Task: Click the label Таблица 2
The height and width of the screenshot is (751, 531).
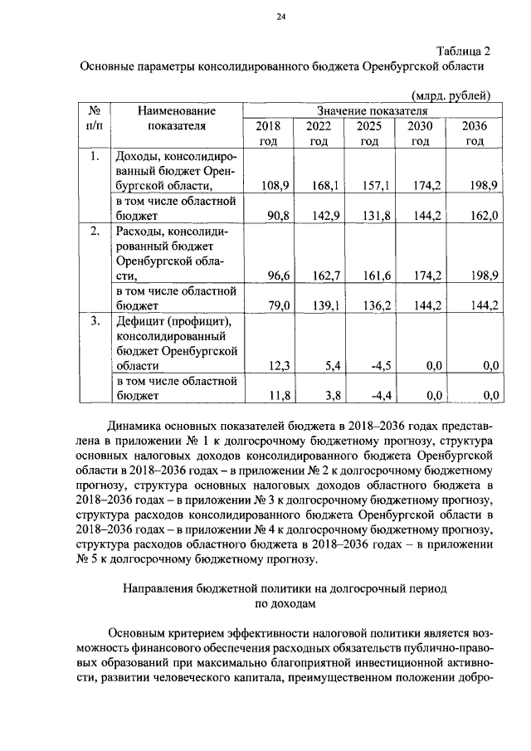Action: (463, 50)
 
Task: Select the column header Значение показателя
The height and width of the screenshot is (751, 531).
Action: (372, 110)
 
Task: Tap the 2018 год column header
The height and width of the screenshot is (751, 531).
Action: (269, 134)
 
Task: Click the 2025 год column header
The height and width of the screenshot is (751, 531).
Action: (369, 134)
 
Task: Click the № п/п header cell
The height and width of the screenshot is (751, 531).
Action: (95, 118)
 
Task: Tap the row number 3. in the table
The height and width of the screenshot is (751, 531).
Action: (95, 319)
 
